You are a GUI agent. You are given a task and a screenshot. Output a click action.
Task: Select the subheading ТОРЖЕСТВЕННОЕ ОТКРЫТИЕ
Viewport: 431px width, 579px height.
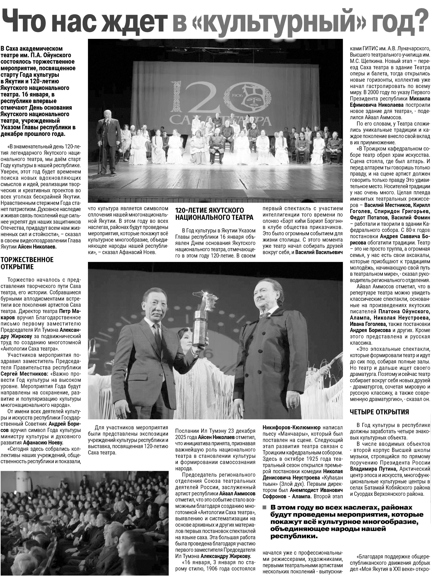pos(27,263)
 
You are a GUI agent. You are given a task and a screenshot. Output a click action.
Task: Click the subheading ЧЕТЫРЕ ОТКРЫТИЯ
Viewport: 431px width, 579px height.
pos(379,412)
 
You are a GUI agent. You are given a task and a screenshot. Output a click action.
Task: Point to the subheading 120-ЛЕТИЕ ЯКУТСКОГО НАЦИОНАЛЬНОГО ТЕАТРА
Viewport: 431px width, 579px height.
pos(214,214)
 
